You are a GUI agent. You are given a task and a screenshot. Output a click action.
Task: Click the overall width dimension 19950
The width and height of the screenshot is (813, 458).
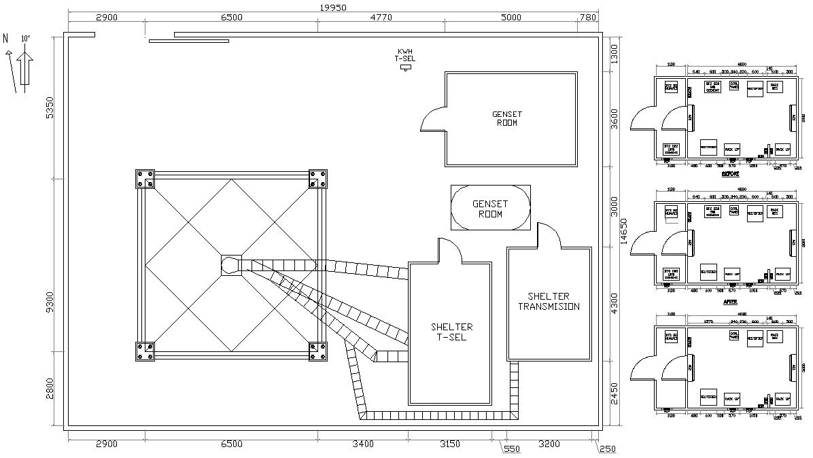pyautogui.click(x=333, y=7)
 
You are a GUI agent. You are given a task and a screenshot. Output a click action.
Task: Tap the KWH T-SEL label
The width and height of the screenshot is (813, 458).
pyautogui.click(x=405, y=55)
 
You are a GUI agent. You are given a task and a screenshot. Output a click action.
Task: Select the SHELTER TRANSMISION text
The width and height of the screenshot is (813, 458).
pyautogui.click(x=549, y=302)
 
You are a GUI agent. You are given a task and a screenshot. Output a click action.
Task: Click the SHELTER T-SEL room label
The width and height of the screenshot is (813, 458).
pyautogui.click(x=451, y=332)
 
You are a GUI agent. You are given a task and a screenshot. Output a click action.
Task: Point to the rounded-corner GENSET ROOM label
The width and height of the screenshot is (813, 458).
pyautogui.click(x=491, y=208)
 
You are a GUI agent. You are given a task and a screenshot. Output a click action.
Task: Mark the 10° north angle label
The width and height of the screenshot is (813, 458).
pyautogui.click(x=24, y=39)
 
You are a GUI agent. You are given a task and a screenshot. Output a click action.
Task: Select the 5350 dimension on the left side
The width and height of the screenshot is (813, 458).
pyautogui.click(x=48, y=107)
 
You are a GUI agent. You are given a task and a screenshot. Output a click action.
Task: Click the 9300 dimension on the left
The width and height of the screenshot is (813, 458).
pyautogui.click(x=48, y=302)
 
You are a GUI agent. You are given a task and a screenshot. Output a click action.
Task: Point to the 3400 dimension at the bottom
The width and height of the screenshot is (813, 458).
pyautogui.click(x=362, y=444)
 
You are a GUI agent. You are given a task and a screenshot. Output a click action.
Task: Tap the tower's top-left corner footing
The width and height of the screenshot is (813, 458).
pyautogui.click(x=145, y=179)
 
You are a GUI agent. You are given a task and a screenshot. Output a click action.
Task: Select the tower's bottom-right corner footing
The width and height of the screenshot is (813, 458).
pyautogui.click(x=317, y=351)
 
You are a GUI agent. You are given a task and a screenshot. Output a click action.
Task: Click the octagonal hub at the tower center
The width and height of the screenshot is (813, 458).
pyautogui.click(x=231, y=265)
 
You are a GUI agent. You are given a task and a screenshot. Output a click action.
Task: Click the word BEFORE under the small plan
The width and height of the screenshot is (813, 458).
pyautogui.click(x=731, y=174)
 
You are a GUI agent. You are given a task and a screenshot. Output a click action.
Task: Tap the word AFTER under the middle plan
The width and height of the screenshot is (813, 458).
pyautogui.click(x=731, y=301)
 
